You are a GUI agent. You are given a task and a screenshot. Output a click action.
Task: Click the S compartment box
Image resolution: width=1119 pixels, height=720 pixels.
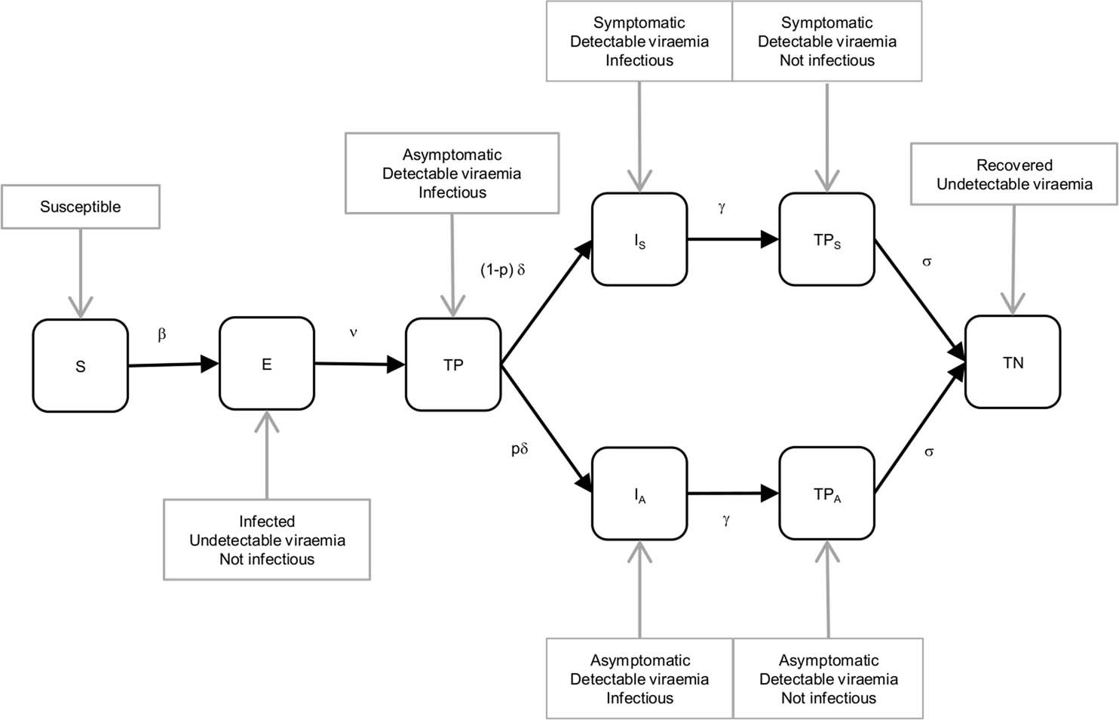point(80,366)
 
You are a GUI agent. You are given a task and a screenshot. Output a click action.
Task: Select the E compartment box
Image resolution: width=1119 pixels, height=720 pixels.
point(266,364)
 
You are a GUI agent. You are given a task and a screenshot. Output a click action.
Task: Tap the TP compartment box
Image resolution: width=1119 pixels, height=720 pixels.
point(452,365)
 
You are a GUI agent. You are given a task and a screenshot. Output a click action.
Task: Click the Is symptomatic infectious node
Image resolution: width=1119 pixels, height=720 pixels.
point(639,240)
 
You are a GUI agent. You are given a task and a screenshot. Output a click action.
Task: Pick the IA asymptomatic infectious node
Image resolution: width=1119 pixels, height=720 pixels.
point(639,494)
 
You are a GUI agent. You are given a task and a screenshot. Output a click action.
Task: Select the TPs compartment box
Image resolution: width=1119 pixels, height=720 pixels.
point(826,240)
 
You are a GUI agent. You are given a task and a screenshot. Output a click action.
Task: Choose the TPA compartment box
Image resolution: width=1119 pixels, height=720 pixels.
point(826,494)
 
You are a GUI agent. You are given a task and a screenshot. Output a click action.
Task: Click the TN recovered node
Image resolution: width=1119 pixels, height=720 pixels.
point(1013,362)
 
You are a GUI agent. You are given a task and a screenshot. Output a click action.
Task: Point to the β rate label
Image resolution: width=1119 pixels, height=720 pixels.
point(161,334)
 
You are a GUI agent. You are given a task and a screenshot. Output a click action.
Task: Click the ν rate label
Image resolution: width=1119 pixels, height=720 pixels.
point(353,332)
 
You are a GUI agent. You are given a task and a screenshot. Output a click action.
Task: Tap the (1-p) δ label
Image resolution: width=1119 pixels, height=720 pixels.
point(502,269)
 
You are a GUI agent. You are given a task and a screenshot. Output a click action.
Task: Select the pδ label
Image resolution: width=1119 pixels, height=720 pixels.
point(520,449)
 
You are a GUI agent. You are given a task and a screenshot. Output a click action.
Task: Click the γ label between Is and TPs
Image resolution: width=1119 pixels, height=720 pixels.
point(722,208)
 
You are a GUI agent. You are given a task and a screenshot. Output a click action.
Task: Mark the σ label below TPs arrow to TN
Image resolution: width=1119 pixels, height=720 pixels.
point(927,262)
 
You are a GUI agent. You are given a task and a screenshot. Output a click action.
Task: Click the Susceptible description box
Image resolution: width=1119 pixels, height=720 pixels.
point(80,207)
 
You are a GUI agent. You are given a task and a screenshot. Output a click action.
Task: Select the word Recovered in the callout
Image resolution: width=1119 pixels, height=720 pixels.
point(1014,165)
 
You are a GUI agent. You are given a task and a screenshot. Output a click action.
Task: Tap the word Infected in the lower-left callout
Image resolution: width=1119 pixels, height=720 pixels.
point(267,522)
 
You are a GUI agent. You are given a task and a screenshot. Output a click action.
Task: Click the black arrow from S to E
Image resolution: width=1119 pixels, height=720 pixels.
point(173,365)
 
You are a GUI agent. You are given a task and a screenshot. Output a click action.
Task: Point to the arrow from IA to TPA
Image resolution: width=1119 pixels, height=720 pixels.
point(732,494)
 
